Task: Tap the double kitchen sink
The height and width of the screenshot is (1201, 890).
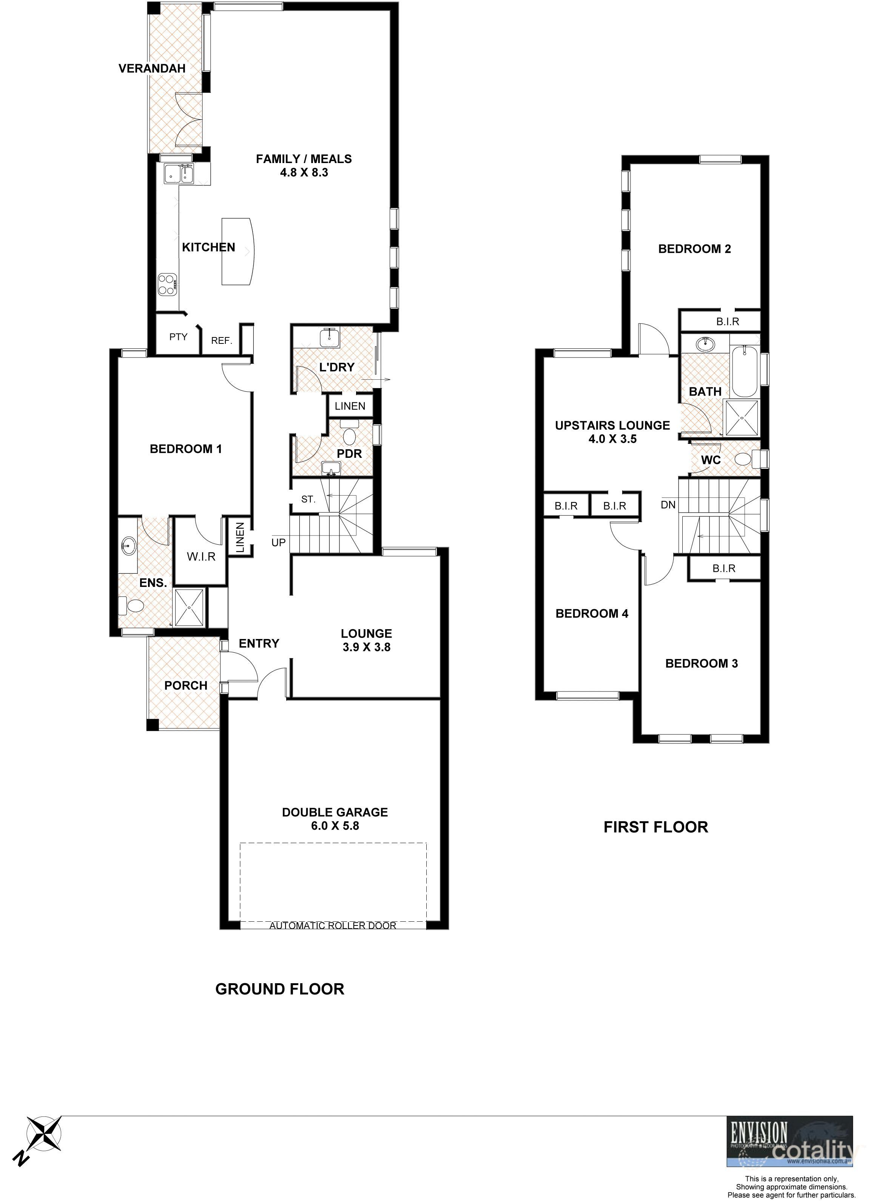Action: click(x=179, y=173)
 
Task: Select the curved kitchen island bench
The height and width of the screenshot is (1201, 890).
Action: click(x=237, y=251)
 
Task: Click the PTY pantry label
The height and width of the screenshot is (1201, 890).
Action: click(x=178, y=337)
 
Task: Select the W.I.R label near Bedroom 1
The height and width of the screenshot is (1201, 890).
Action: click(x=201, y=557)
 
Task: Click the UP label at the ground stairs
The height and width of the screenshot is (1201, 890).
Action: click(x=279, y=542)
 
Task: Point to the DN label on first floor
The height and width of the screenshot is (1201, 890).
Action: click(x=668, y=505)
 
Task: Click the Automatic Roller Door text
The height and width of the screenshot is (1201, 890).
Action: click(x=333, y=925)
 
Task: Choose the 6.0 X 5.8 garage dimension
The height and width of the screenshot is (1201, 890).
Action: click(x=335, y=825)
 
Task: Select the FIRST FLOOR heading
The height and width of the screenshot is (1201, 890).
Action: click(x=656, y=827)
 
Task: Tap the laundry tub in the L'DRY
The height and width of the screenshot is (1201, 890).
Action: click(x=329, y=338)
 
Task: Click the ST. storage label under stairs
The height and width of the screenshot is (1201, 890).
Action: click(x=308, y=499)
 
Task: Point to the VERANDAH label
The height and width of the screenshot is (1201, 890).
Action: click(x=152, y=68)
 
